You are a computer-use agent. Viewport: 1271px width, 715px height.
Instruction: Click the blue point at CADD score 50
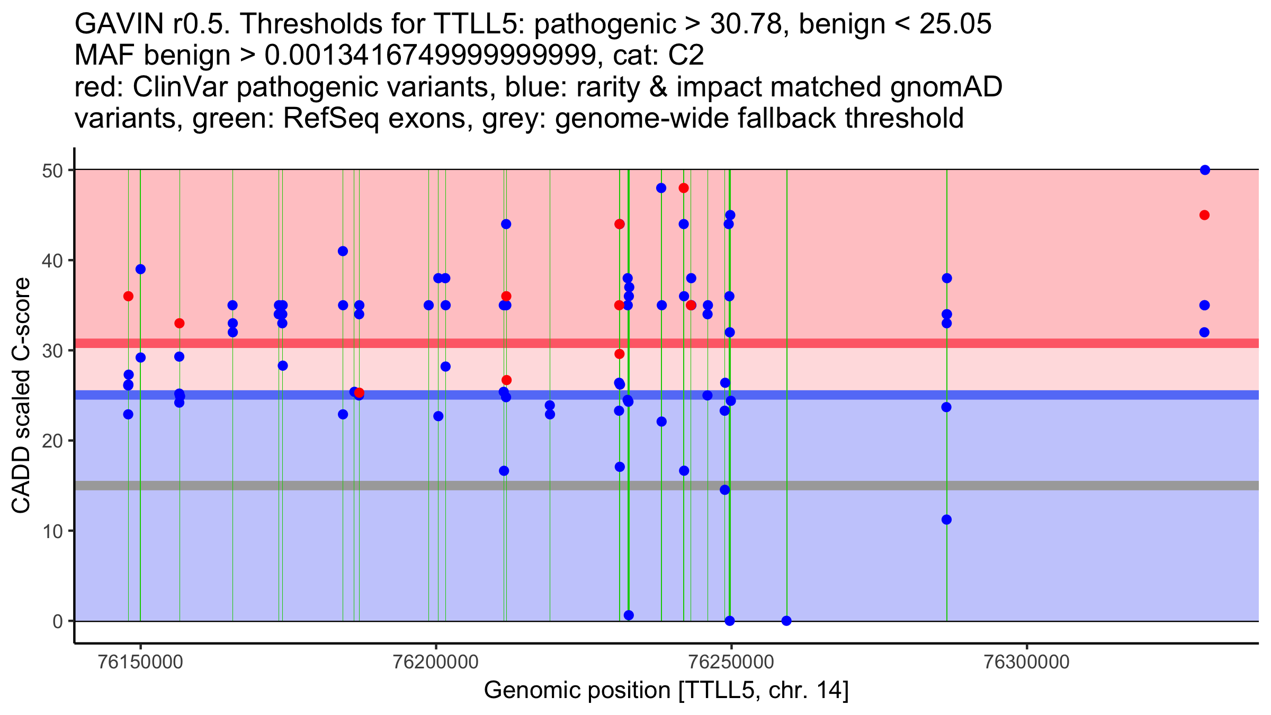1205,170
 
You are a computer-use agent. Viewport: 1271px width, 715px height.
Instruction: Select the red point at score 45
1204,215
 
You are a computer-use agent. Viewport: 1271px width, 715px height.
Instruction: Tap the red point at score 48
684,188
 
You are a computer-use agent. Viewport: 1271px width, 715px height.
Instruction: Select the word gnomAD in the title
946,87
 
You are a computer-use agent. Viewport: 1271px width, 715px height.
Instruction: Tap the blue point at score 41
343,251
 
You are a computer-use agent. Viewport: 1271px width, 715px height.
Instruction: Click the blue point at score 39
140,269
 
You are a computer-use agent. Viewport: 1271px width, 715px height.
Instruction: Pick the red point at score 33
180,323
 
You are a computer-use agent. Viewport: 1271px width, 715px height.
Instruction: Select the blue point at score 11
946,520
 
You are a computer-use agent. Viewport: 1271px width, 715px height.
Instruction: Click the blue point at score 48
661,188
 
